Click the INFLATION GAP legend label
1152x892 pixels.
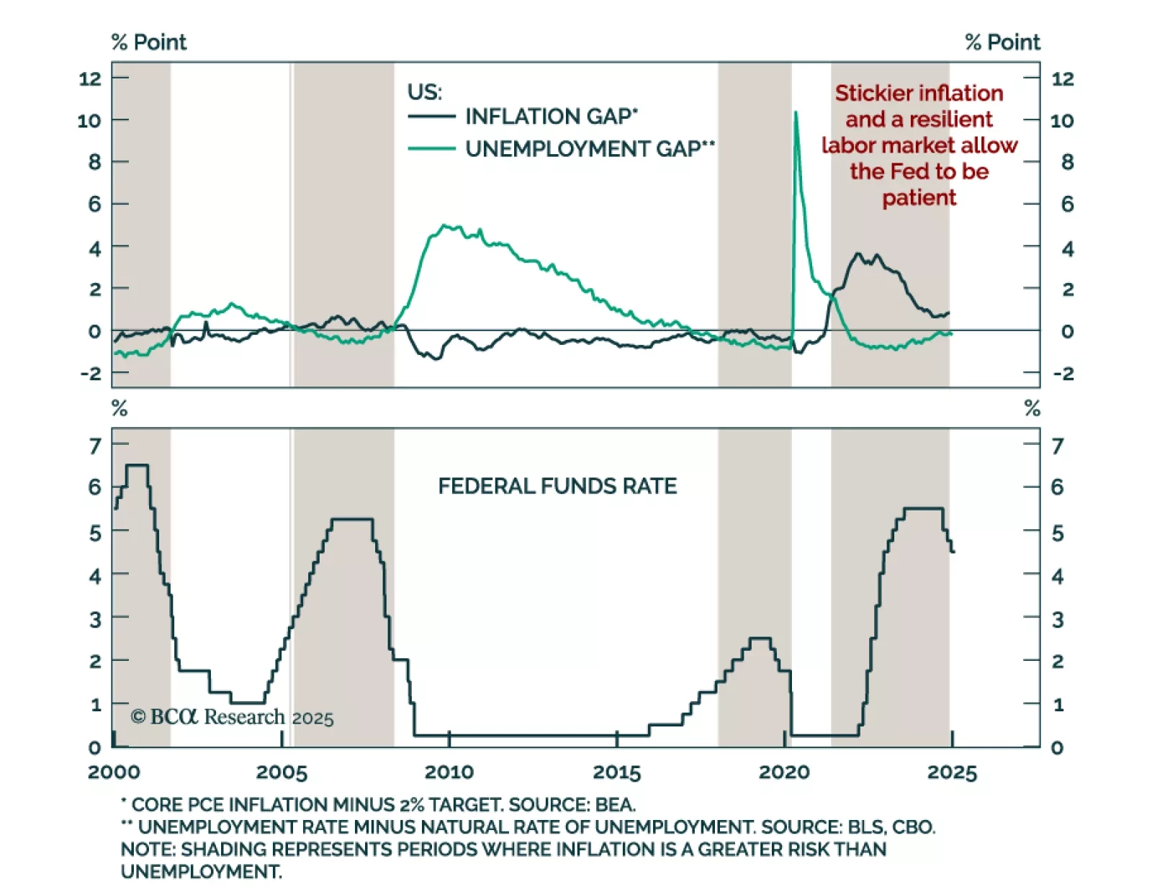[551, 116]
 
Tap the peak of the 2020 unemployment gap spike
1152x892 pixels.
[796, 112]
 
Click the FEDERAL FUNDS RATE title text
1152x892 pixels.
[557, 486]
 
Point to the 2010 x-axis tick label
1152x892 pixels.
[449, 772]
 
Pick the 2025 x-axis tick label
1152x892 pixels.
[952, 772]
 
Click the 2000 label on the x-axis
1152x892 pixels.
[114, 772]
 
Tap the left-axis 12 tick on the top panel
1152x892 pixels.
[90, 78]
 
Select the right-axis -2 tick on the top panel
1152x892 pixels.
[1063, 373]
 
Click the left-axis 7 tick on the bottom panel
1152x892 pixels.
[95, 446]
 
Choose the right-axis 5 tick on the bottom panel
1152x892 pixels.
[1057, 533]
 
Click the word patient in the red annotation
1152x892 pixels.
[919, 197]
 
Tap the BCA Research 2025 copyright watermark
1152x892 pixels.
[232, 717]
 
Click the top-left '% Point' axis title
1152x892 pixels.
[149, 42]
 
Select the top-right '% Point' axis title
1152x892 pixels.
[1002, 42]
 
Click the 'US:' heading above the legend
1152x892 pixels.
[425, 92]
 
